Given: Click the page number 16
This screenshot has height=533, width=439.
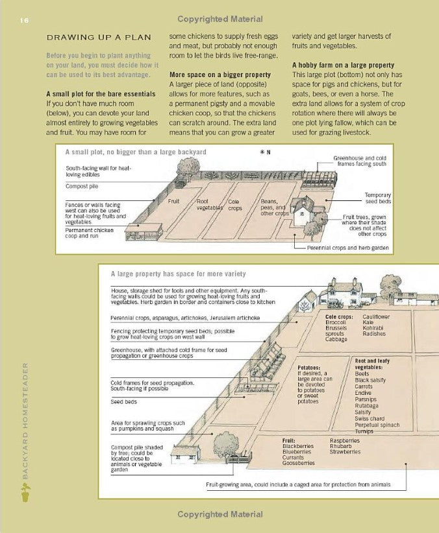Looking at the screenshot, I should tap(24, 20).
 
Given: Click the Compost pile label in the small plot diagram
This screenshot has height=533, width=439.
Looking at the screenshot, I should tap(81, 186).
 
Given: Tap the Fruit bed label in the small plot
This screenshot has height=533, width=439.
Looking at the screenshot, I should tap(173, 202).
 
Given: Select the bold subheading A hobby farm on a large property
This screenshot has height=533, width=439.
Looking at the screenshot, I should tap(343, 65).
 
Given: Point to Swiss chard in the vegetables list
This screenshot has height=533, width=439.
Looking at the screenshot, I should tap(370, 418).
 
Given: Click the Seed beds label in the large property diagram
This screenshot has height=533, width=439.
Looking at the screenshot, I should tap(123, 402).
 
